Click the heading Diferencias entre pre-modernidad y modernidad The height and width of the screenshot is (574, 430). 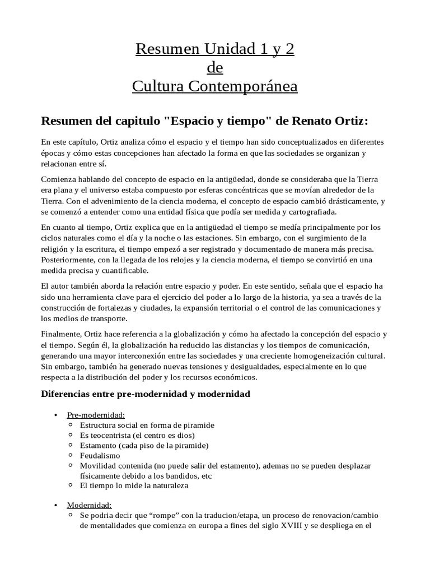pos(146,394)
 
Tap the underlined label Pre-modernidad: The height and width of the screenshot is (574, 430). pos(96,415)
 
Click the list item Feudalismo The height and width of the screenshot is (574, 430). pos(100,456)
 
